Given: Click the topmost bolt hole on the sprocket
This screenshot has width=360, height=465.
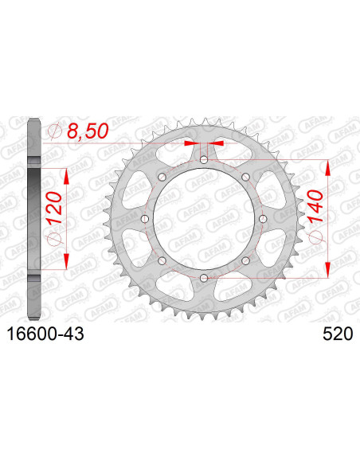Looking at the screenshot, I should pos(205,160).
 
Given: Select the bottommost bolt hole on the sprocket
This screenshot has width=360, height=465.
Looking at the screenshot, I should pos(205,277).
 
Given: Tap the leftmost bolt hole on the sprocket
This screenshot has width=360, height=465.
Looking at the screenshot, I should pos(146,219).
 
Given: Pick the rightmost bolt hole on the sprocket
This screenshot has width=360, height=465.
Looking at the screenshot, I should pos(264,219).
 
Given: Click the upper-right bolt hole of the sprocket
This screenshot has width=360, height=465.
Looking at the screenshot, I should pos(246,177).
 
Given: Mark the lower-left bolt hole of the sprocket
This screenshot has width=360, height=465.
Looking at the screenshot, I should pos(163,260).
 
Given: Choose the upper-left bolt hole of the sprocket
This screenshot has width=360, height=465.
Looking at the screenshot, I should pos(163,177).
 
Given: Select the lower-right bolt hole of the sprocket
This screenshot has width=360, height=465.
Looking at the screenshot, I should pos(246,260).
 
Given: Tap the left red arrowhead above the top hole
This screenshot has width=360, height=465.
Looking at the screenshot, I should pos(191,144).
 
